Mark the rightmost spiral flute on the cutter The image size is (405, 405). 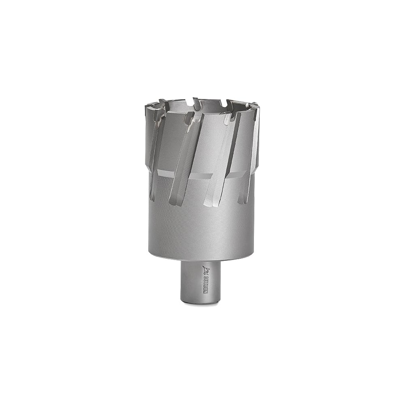(x=249, y=158)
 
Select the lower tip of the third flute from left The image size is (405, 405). (x=209, y=202)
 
